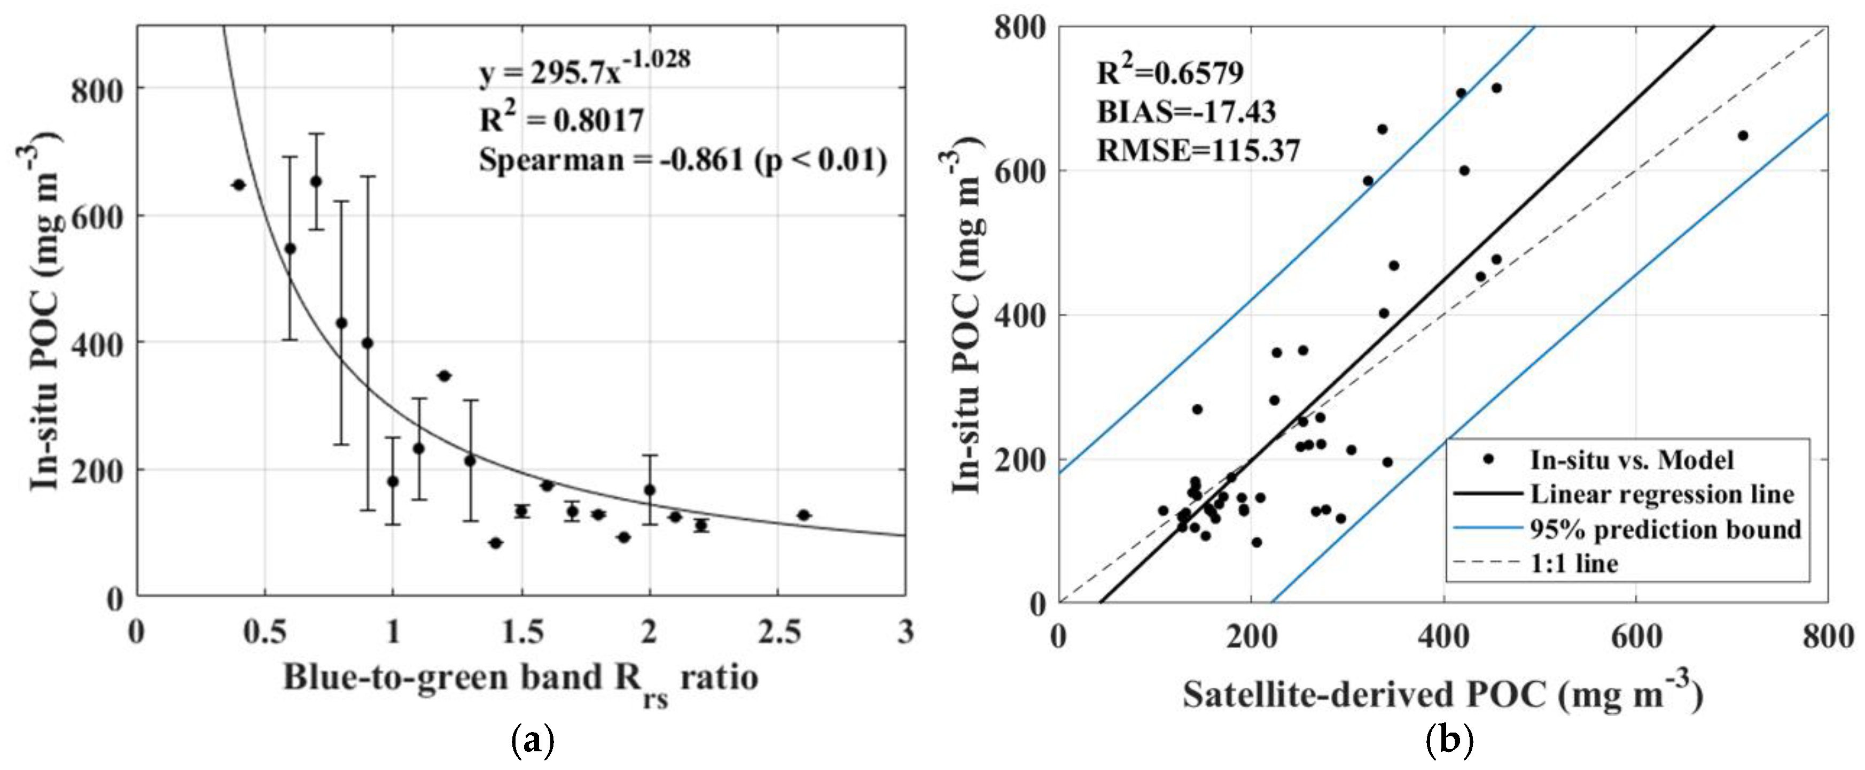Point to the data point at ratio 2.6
click(x=803, y=515)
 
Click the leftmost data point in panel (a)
click(x=239, y=184)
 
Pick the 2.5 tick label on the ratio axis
click(x=777, y=633)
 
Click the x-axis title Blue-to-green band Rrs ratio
click(x=520, y=679)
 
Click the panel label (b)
click(x=1449, y=743)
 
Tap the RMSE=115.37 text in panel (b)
click(x=1198, y=151)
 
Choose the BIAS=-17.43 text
click(x=1186, y=112)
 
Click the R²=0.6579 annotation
click(x=1170, y=72)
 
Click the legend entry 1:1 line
click(x=1573, y=564)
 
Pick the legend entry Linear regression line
click(x=1661, y=495)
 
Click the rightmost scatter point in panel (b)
click(x=1743, y=135)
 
